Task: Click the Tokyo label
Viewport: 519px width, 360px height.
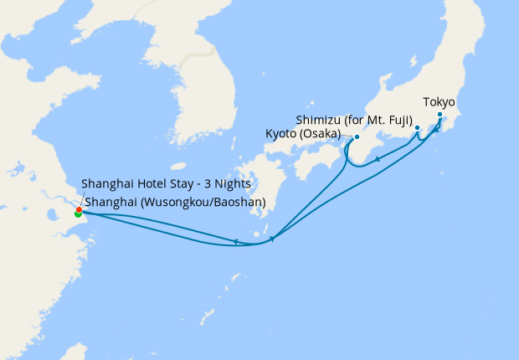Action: coord(439,102)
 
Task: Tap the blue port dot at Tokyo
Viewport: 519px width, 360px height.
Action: coord(440,114)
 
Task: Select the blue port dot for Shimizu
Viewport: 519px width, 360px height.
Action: coord(417,128)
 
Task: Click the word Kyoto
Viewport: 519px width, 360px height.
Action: coord(280,134)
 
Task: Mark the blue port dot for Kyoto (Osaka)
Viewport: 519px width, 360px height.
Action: coord(357,136)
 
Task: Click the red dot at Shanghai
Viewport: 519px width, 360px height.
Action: coord(79,209)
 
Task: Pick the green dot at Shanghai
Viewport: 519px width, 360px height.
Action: coord(78,214)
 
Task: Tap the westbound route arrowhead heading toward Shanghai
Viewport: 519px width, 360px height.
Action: coord(237,242)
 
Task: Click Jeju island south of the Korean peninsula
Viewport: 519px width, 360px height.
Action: coord(177,166)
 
